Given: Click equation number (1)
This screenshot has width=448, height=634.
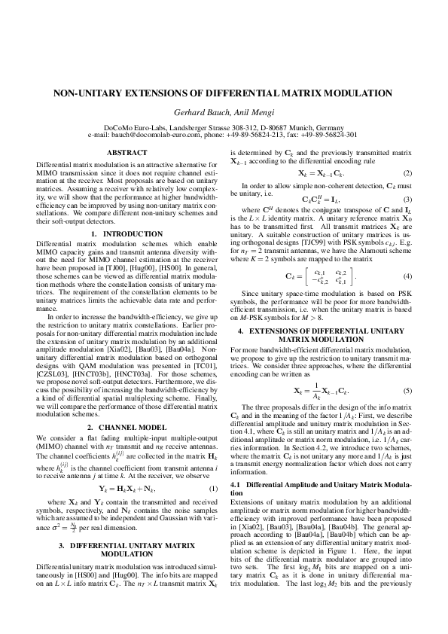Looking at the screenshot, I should coord(215,489).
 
